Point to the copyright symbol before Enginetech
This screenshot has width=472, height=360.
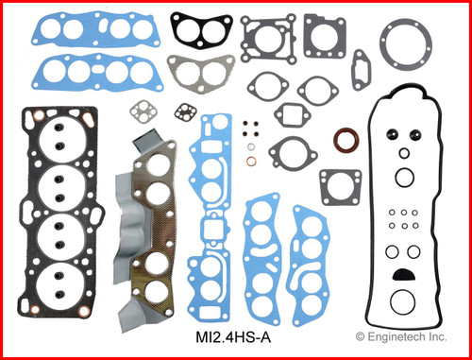coord(360,336)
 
